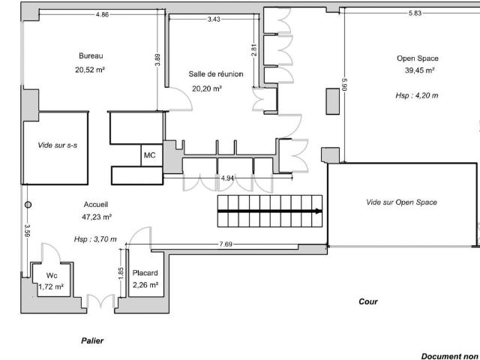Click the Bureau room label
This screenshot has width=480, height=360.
pyautogui.click(x=91, y=55)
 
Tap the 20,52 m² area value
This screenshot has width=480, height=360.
pyautogui.click(x=90, y=70)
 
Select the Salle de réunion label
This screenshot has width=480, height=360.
pyautogui.click(x=216, y=74)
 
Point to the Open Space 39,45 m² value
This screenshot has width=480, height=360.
pyautogui.click(x=420, y=70)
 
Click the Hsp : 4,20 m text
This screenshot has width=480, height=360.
pyautogui.click(x=417, y=95)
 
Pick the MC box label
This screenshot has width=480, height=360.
pyautogui.click(x=150, y=155)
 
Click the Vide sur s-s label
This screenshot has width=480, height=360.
pyautogui.click(x=58, y=145)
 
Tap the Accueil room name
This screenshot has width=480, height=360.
pyautogui.click(x=96, y=205)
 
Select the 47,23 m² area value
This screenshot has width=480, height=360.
pyautogui.click(x=97, y=217)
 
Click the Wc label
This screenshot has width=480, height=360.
pyautogui.click(x=52, y=275)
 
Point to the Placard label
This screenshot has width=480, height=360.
pyautogui.click(x=145, y=273)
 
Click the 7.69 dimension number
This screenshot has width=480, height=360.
pyautogui.click(x=226, y=244)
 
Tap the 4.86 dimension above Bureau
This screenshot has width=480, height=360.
pyautogui.click(x=102, y=14)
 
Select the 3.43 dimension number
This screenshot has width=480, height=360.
pyautogui.click(x=214, y=19)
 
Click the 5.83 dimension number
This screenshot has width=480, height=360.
pyautogui.click(x=415, y=13)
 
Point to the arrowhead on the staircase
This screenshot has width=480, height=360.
pyautogui.click(x=319, y=211)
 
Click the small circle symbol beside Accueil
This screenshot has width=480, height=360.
pyautogui.click(x=28, y=205)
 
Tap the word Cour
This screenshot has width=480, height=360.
pyautogui.click(x=368, y=301)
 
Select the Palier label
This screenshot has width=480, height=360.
pyautogui.click(x=92, y=340)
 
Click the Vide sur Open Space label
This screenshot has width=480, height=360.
pyautogui.click(x=402, y=202)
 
